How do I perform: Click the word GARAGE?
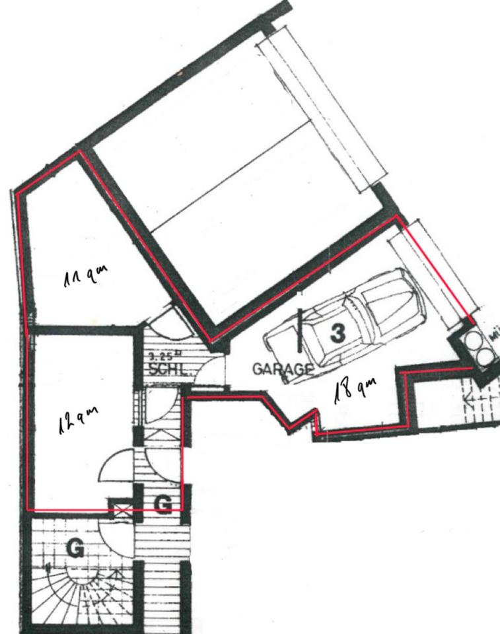tap(282, 369)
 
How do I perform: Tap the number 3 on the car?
tap(337, 333)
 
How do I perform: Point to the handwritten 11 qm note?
tap(85, 276)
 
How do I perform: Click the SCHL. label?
tap(169, 370)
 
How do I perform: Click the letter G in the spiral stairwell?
tap(75, 548)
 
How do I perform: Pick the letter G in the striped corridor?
tap(162, 505)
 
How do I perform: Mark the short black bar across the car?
tap(301, 330)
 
